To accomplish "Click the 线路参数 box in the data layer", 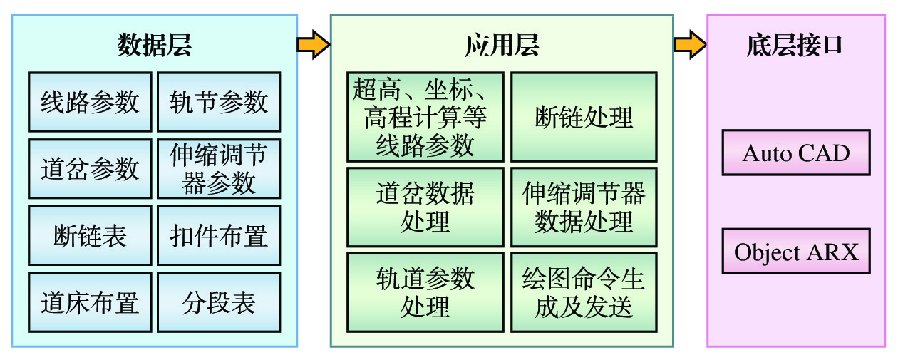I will [90, 102].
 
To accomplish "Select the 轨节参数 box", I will [218, 102].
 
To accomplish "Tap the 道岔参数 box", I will [90, 169].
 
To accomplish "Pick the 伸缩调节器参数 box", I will [218, 169].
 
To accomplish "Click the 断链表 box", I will [90, 236].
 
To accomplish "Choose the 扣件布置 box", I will [218, 236].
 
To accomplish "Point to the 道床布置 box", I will [90, 303].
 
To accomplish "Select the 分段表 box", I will [218, 303].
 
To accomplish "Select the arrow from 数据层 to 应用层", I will [313, 45].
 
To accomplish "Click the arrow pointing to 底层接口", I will [689, 45].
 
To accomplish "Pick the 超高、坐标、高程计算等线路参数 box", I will [425, 117].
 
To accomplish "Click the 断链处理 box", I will [584, 117].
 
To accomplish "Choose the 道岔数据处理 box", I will [425, 207].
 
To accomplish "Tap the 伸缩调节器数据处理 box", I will [584, 207].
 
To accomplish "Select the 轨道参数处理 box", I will [425, 292].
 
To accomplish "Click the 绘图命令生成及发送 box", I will [584, 292].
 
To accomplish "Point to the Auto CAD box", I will [796, 153].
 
